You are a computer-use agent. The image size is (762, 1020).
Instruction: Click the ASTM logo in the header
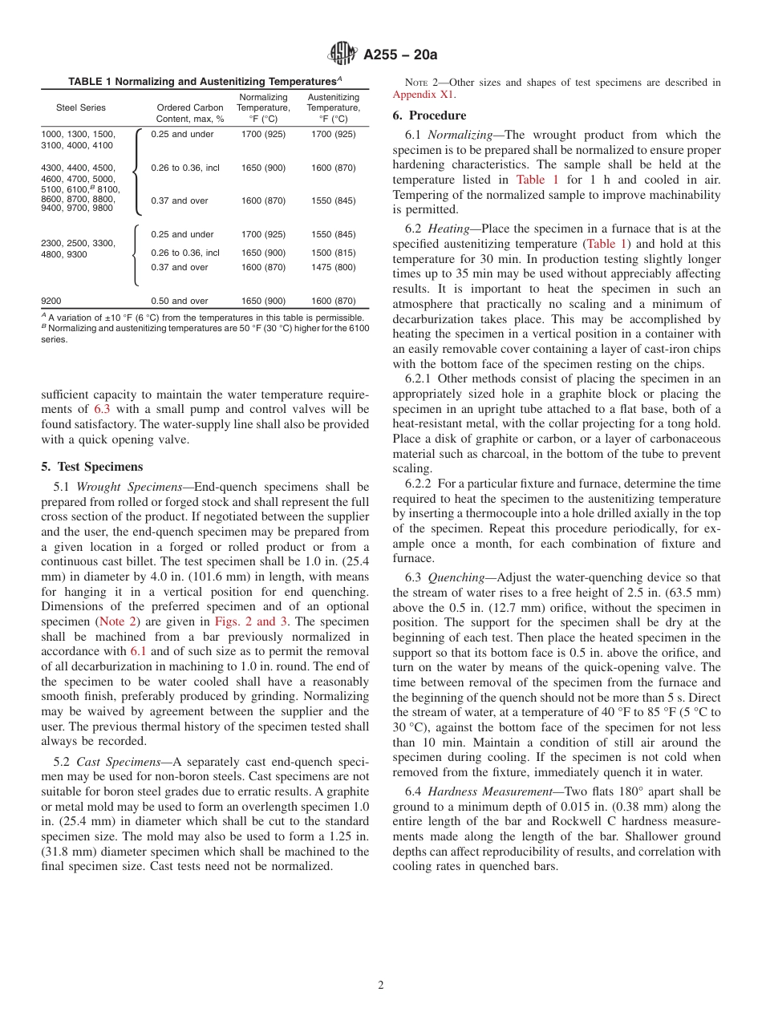(342, 55)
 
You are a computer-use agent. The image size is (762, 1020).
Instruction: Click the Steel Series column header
(80, 107)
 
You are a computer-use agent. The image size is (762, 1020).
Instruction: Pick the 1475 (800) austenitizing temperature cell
(333, 267)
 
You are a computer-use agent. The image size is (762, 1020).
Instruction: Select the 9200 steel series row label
(51, 301)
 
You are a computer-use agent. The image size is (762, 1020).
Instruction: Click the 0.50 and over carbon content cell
(179, 301)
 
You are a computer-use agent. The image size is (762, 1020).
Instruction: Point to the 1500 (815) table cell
(333, 253)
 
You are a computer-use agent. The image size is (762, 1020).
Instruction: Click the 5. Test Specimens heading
(91, 467)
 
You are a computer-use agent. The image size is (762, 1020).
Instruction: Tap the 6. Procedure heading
(429, 115)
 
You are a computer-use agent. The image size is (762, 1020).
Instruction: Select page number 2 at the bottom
(381, 986)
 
